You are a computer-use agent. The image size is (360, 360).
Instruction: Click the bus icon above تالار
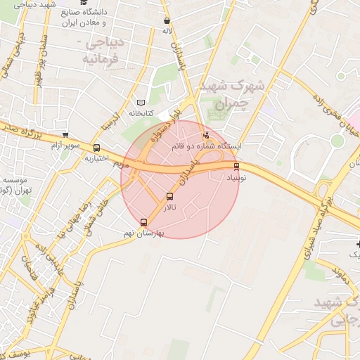click(x=169, y=197)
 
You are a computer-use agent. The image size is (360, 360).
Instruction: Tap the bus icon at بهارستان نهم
click(x=144, y=222)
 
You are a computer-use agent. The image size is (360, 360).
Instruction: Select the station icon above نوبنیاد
click(x=236, y=167)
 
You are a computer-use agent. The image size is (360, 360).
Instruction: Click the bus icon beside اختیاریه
click(x=96, y=148)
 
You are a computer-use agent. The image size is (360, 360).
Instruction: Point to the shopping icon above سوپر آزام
click(x=65, y=135)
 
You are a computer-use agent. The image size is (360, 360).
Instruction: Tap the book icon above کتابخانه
click(x=141, y=103)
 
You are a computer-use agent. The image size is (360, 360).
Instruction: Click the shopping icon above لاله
click(x=167, y=21)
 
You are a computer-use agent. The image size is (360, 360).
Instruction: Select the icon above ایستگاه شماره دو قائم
click(x=206, y=135)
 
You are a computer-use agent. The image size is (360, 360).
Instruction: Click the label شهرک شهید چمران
click(x=231, y=94)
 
